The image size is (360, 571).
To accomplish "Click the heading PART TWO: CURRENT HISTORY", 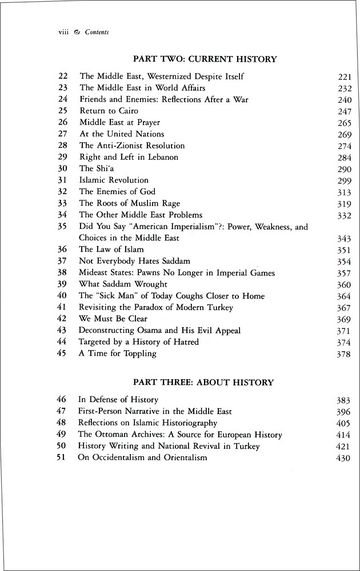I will [x=205, y=59].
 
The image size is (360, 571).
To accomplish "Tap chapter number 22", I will [x=63, y=76].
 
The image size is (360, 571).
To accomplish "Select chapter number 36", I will [x=63, y=250].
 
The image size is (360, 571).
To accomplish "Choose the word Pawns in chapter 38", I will [x=148, y=273].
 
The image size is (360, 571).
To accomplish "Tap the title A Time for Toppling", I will [x=117, y=353].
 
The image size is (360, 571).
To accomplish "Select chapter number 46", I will [x=63, y=400].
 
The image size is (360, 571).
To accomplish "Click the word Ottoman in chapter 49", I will [x=110, y=435].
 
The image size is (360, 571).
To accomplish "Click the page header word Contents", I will [x=97, y=33].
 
